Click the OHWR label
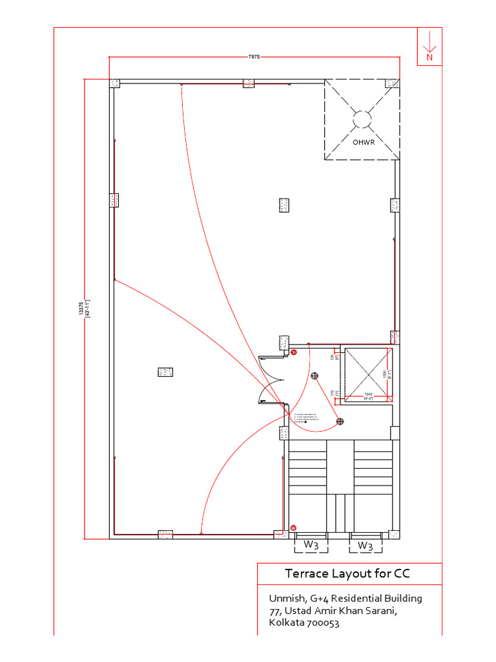362,142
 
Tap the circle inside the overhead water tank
362,119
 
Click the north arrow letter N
429,57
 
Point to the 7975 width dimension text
254,57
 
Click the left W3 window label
311,546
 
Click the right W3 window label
366,546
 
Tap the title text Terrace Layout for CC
348,573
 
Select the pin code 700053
322,623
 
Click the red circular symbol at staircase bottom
294,528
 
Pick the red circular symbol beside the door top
294,352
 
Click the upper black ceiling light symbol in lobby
315,376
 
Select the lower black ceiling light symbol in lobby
340,422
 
